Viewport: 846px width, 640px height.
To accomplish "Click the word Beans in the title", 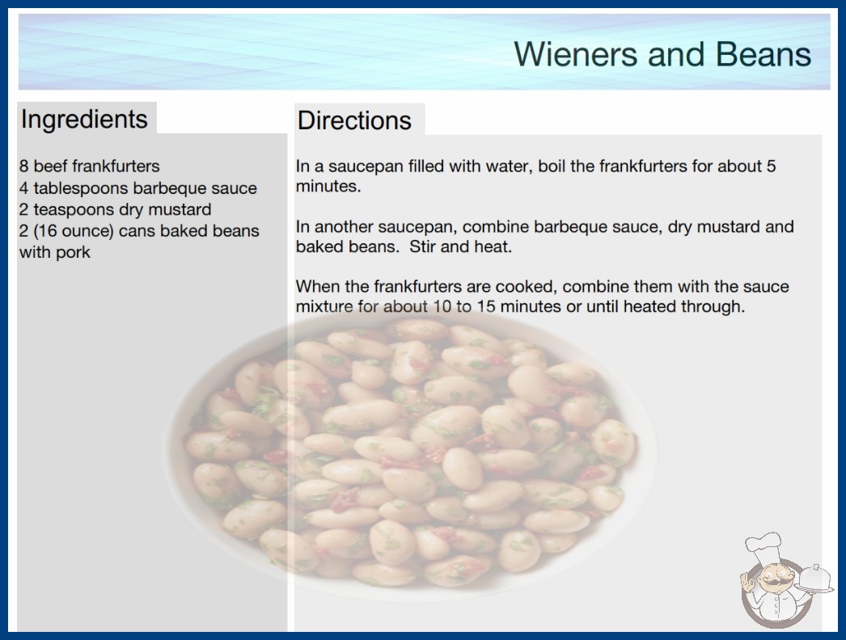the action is (764, 54).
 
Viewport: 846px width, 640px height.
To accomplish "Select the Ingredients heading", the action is (84, 120).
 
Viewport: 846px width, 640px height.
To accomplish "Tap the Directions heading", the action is (354, 120).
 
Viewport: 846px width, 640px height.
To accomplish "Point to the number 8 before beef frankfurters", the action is (23, 166).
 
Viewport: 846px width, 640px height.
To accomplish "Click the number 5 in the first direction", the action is (771, 166).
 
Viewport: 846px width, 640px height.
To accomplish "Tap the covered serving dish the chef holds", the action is (814, 579).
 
